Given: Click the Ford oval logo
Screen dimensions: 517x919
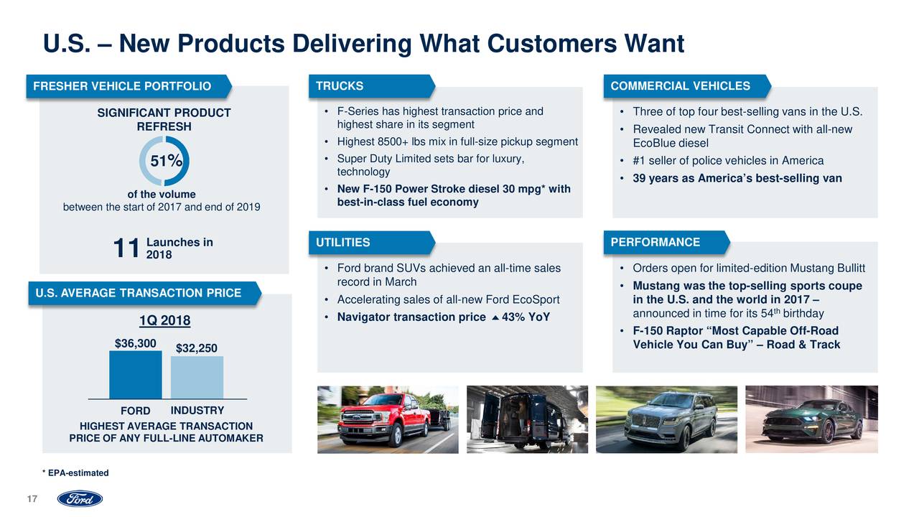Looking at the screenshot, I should click(x=80, y=498).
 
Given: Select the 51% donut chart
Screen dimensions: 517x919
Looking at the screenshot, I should click(x=164, y=162).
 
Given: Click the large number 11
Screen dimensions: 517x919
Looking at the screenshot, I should click(x=126, y=248).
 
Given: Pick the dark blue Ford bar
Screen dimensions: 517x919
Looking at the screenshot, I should click(x=135, y=374).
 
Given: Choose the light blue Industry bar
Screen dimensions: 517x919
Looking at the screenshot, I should click(x=197, y=377).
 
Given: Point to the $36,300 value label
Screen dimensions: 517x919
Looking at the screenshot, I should click(x=135, y=343).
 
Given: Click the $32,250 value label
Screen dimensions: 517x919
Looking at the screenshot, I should click(x=197, y=348).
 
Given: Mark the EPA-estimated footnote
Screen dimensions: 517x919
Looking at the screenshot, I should click(x=75, y=472).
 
